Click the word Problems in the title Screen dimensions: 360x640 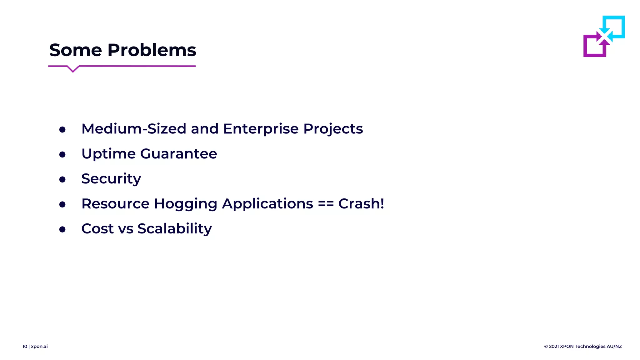(152, 50)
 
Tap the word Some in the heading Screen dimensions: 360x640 (76, 50)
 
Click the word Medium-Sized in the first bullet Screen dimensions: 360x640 (134, 129)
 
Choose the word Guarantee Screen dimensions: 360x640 (178, 154)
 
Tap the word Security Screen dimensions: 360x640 (111, 179)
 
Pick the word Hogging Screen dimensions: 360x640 (185, 204)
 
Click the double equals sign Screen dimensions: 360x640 (326, 204)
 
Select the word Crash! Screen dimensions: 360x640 (361, 204)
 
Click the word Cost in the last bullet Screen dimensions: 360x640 (97, 229)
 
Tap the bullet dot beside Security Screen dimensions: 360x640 (62, 179)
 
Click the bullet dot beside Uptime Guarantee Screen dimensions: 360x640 (62, 154)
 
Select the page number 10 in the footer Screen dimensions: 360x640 (25, 346)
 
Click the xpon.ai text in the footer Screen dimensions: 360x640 (39, 347)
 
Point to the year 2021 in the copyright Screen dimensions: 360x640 (554, 346)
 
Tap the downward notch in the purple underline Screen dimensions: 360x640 (73, 69)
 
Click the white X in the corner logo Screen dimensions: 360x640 (604, 36)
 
